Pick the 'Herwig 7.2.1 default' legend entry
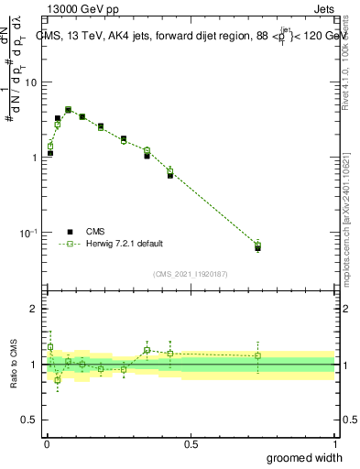click(x=125, y=244)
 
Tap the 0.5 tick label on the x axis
click(x=191, y=444)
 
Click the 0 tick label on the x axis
click(x=47, y=444)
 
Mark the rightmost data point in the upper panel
click(x=257, y=245)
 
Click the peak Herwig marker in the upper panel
click(x=68, y=110)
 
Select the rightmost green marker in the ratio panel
click(x=257, y=355)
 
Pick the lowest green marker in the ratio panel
click(x=57, y=379)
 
